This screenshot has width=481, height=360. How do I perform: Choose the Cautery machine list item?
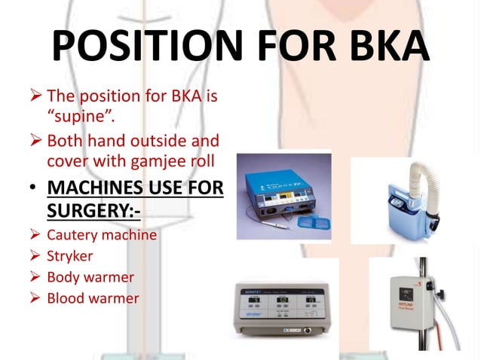tap(102, 235)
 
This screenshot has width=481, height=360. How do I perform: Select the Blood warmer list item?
tap(93, 298)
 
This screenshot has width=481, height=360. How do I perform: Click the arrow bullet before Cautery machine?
tap(36, 235)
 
